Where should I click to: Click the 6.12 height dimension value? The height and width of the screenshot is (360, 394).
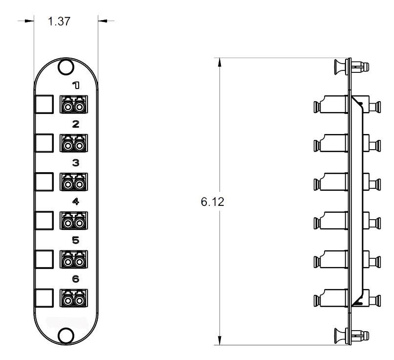pos(213,202)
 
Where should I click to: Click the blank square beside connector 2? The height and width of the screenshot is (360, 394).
pos(44,143)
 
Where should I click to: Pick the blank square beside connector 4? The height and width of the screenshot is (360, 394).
pos(44,220)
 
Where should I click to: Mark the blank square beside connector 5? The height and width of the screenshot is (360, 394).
pos(44,259)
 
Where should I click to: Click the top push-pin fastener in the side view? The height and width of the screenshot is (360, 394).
pos(351,67)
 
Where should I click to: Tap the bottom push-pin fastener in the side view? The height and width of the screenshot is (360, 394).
pos(351,337)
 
